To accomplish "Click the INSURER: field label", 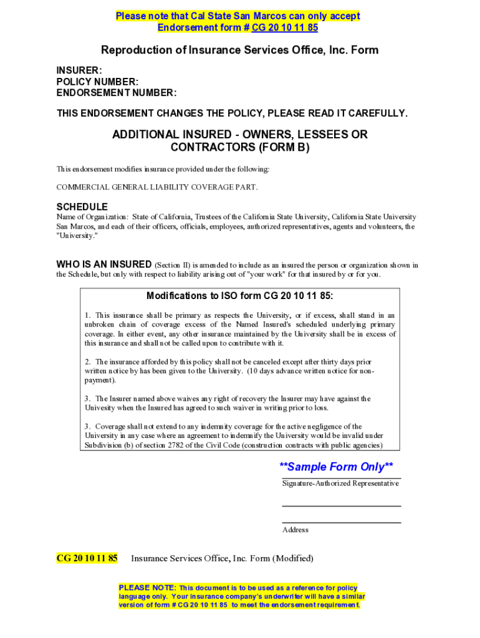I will click(79, 71).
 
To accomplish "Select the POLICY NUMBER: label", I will click(97, 82).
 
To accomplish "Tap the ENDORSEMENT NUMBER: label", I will click(117, 93).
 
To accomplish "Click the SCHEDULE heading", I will click(82, 207).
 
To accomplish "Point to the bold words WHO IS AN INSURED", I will click(103, 264).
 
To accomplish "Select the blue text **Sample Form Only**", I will click(336, 467).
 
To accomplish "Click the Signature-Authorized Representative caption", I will click(340, 483).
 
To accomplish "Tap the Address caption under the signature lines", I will click(295, 530).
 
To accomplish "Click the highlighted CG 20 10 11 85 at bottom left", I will click(87, 558).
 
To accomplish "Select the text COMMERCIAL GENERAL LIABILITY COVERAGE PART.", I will click(157, 187).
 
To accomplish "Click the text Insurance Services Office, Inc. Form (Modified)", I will click(222, 558).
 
